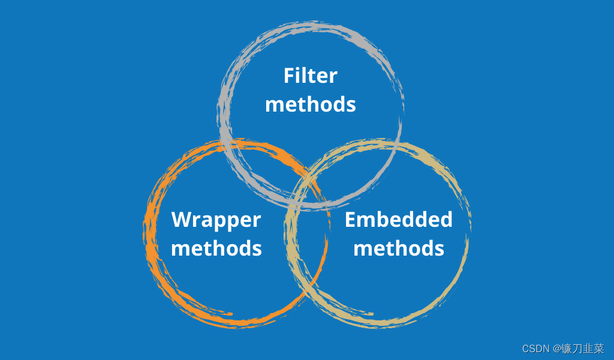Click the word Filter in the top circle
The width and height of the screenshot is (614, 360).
click(x=310, y=76)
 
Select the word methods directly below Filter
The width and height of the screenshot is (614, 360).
click(x=310, y=104)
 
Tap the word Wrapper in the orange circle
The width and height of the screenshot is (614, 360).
click(x=216, y=220)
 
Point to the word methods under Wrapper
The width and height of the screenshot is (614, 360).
click(x=216, y=248)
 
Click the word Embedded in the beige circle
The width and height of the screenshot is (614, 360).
click(x=398, y=220)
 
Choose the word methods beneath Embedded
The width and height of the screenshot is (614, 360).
click(x=398, y=248)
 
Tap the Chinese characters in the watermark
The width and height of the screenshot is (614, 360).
click(x=582, y=349)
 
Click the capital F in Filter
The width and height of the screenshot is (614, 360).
click(x=290, y=76)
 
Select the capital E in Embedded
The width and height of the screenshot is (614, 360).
click(x=351, y=220)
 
